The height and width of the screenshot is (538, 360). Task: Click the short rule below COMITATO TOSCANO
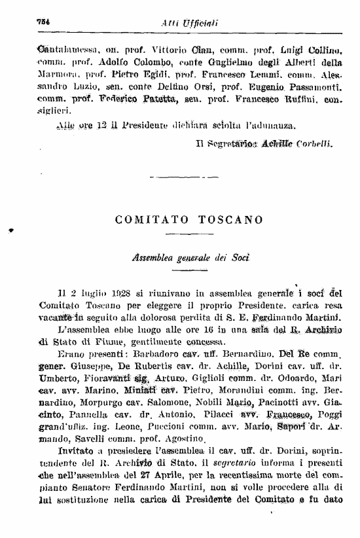pos(180,235)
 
